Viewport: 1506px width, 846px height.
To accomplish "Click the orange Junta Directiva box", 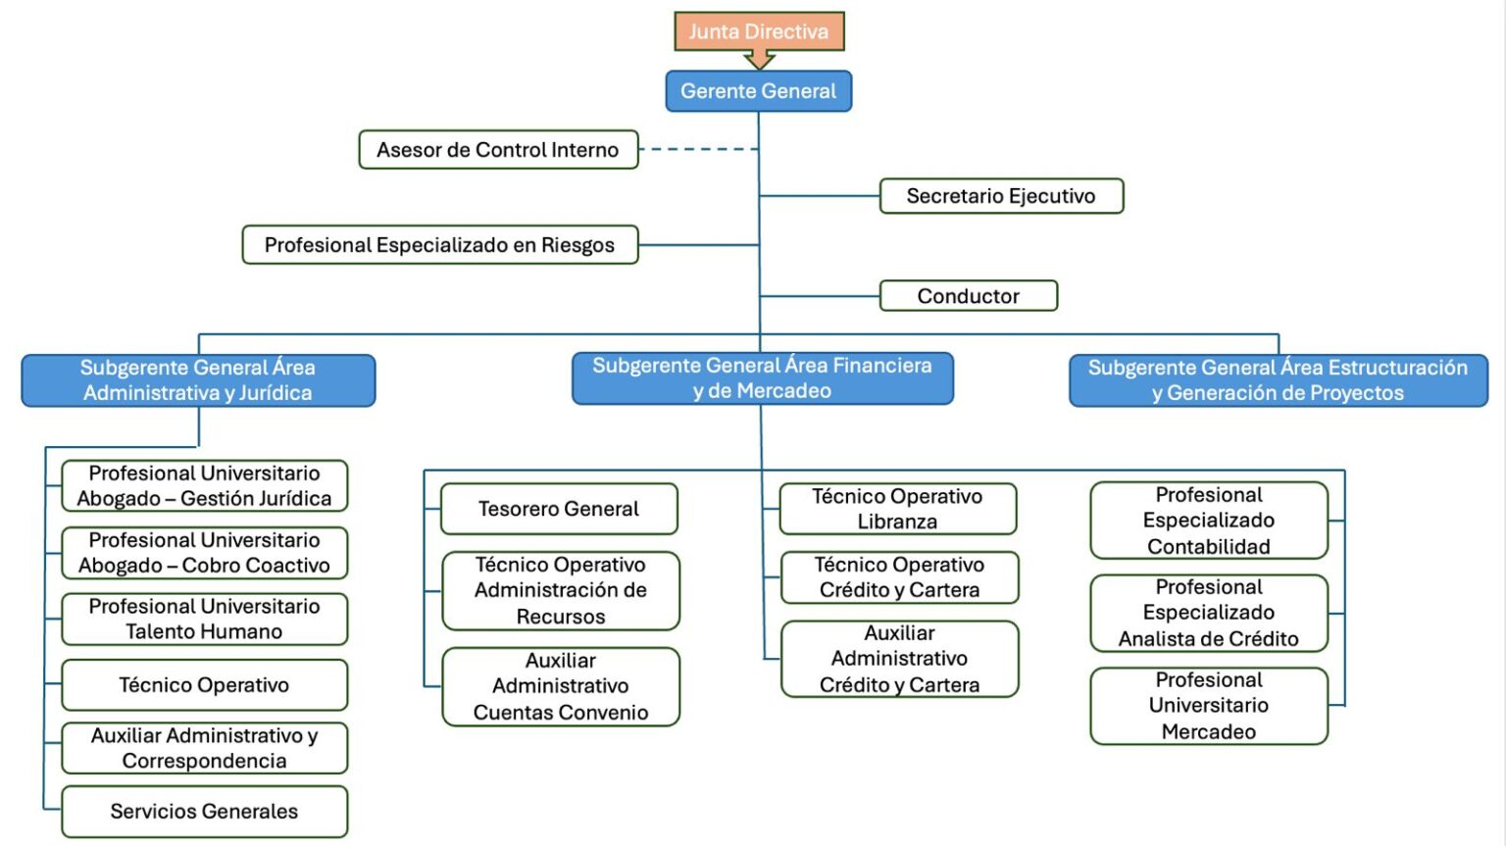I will [759, 31].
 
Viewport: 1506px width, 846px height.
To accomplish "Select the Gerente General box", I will [758, 91].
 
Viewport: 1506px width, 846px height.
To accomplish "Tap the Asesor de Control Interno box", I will [498, 150].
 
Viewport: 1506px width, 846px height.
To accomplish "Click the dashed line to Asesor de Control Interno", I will [698, 149].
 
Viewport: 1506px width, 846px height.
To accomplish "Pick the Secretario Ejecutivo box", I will [1001, 196].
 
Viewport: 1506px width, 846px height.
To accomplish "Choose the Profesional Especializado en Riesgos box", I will [439, 245].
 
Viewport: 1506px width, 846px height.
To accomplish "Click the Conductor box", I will [968, 296].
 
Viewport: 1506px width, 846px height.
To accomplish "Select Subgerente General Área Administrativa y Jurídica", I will [198, 380].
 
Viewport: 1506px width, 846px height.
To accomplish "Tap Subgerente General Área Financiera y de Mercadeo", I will [762, 378].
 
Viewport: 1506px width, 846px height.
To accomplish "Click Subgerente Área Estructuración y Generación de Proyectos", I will [1278, 380].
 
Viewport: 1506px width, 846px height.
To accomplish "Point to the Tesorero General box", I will [559, 509].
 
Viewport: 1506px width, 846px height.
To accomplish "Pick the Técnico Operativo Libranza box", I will [897, 509].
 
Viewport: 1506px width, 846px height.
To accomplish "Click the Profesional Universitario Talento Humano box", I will [204, 619].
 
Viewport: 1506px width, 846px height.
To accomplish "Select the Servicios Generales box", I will [204, 812].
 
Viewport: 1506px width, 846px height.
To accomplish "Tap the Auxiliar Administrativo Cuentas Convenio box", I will [561, 686].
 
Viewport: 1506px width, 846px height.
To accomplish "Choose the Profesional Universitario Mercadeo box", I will [1209, 706].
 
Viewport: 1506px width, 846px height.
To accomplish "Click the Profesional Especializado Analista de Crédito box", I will [1209, 613].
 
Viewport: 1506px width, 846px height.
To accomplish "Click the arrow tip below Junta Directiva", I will [759, 65].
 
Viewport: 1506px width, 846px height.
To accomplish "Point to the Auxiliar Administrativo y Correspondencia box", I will [204, 748].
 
